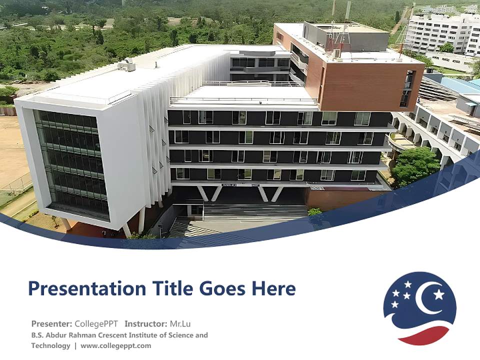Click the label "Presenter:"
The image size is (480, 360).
tap(51, 323)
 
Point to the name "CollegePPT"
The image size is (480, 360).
tap(96, 323)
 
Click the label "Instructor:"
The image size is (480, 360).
tap(146, 323)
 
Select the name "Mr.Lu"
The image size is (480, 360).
tap(180, 323)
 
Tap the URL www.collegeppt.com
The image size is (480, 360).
tap(115, 345)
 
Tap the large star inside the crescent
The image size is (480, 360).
tap(438, 294)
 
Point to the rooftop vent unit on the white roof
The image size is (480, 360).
tap(126, 64)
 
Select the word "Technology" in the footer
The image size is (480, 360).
tap(50, 345)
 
